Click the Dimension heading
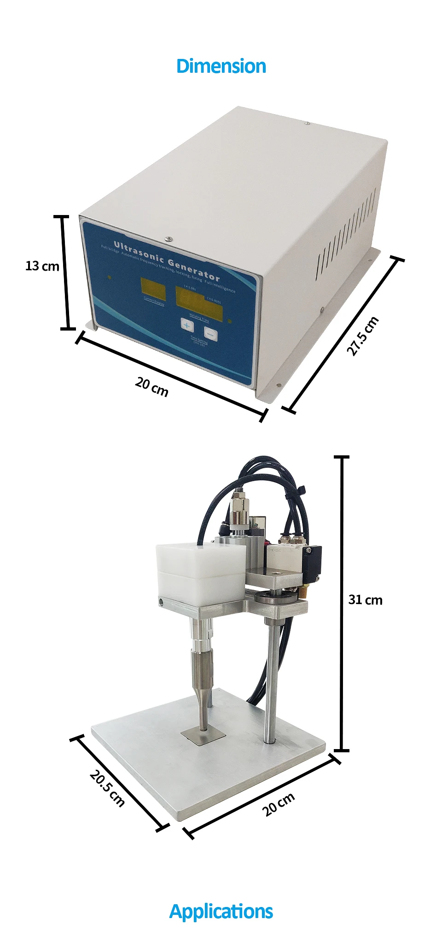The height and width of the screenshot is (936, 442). pos(221,66)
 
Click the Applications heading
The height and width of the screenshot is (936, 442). pos(221,911)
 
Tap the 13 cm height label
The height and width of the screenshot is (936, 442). pos(42,266)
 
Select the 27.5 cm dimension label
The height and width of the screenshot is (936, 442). pos(363,336)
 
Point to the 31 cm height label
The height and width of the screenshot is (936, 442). pos(365,599)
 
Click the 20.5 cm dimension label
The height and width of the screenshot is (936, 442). pos(107,788)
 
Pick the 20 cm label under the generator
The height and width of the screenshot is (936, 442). pos(152,386)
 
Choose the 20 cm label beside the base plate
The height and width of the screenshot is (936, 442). pos(279,804)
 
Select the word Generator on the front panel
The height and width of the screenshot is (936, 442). pos(194,270)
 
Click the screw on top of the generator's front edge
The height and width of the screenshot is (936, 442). pos(169,238)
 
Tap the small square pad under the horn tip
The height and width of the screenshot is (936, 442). pos(203,735)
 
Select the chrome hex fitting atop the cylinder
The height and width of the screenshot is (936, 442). pos(240,504)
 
